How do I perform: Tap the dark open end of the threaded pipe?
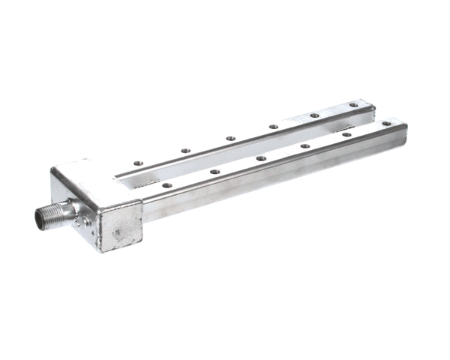pyautogui.click(x=38, y=218)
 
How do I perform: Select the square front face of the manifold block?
pyautogui.click(x=119, y=228)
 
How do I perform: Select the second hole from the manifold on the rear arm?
pyautogui.click(x=185, y=150)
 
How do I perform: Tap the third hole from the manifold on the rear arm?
pyautogui.click(x=230, y=139)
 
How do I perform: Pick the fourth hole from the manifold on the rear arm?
pyautogui.click(x=274, y=127)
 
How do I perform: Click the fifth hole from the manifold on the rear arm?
pyautogui.click(x=314, y=115)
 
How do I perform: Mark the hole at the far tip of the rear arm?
pyautogui.click(x=353, y=105)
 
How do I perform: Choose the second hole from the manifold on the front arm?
pyautogui.click(x=214, y=172)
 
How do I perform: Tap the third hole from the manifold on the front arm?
pyautogui.click(x=260, y=159)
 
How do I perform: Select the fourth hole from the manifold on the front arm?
pyautogui.click(x=304, y=146)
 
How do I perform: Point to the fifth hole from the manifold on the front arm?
pyautogui.click(x=346, y=135)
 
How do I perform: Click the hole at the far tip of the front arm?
pyautogui.click(x=386, y=123)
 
